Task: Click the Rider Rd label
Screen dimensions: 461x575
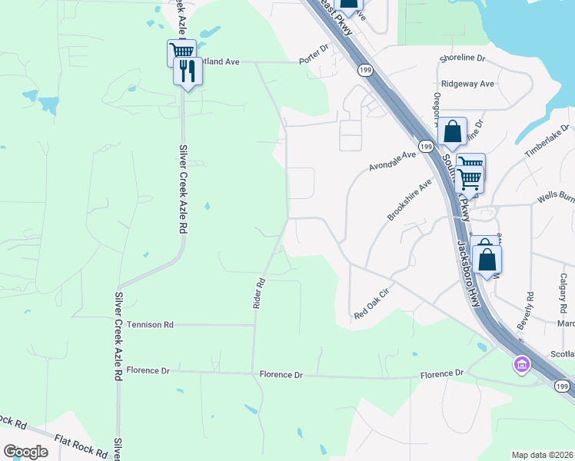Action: pos(259,293)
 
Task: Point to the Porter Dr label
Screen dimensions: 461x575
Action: pos(314,48)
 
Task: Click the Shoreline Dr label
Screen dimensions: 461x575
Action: pos(463,58)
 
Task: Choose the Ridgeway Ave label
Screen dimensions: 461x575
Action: pos(467,84)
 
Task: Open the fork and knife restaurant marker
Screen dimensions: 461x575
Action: pos(188,71)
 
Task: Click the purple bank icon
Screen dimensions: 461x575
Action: pos(521,364)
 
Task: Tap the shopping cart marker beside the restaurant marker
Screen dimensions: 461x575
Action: pos(181,52)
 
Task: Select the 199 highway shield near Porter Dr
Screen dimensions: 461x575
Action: pos(363,70)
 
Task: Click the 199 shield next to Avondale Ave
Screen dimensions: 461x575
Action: pos(425,146)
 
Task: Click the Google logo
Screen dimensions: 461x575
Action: pos(25,452)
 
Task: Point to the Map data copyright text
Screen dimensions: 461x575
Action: pos(543,455)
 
